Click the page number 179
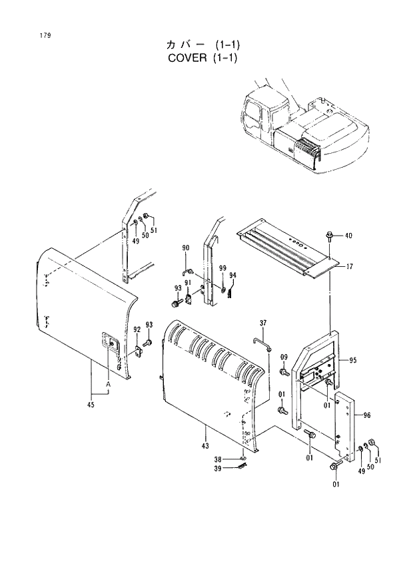tap(27, 35)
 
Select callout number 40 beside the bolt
tap(349, 236)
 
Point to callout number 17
tap(350, 266)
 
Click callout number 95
tap(352, 361)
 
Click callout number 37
tap(262, 323)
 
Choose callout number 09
tap(284, 357)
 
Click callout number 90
tap(186, 248)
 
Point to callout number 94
tap(232, 276)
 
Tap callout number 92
tap(137, 329)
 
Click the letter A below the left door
tap(107, 385)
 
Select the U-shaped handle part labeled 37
tap(261, 343)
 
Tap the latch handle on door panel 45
tap(109, 341)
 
